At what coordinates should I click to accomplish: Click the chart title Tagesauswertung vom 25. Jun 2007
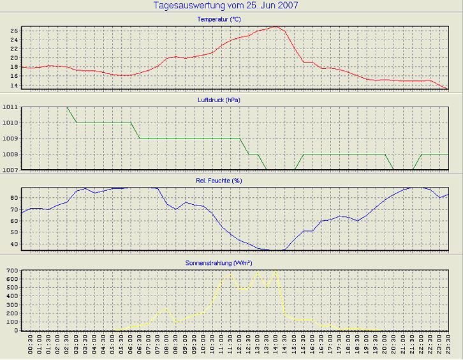click(x=226, y=6)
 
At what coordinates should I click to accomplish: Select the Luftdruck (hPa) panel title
click(x=228, y=100)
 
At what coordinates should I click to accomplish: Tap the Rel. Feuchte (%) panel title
click(x=228, y=181)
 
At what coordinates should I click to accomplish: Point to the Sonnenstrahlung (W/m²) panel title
click(x=228, y=262)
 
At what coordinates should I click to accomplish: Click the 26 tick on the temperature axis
click(x=14, y=30)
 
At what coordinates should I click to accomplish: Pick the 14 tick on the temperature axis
click(x=14, y=86)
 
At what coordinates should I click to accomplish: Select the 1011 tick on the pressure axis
click(x=10, y=107)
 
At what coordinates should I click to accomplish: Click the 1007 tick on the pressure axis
click(x=10, y=170)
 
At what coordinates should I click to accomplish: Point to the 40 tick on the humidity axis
click(x=14, y=244)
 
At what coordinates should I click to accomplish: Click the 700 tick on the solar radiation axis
click(x=11, y=271)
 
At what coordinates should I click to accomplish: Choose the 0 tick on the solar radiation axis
click(x=17, y=331)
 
